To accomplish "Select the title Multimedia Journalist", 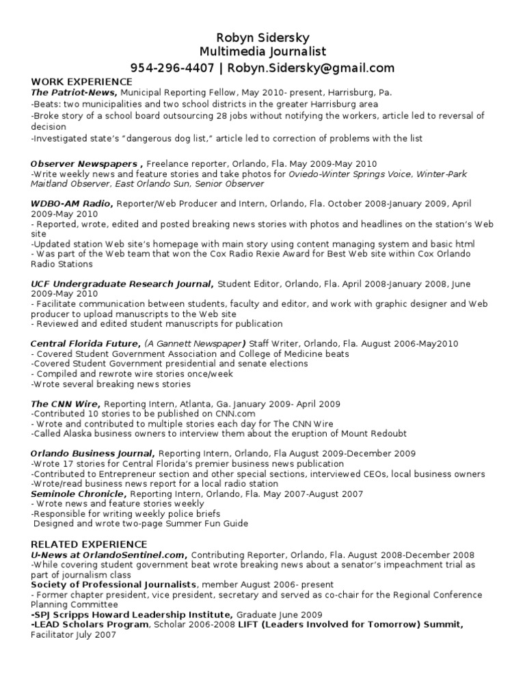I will pos(262,52).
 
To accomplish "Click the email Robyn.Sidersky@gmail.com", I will pos(311,68).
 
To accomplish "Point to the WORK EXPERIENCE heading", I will pos(81,82).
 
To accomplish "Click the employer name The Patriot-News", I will pos(74,92).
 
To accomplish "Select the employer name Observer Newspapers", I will pos(86,164).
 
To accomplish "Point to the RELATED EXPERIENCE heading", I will pos(90,544).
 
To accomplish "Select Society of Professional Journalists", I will pos(113,584).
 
